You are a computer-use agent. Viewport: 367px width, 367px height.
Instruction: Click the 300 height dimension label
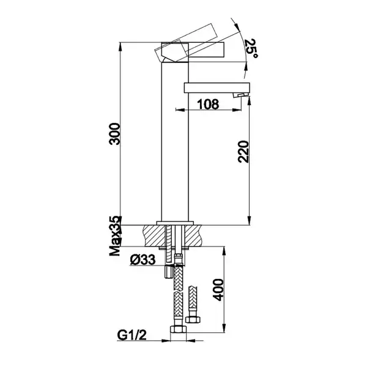115,133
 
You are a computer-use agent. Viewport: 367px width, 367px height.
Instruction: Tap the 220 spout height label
243,152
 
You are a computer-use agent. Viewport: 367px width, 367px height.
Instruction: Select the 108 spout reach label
208,104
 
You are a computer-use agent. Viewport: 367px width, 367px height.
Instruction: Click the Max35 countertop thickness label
115,236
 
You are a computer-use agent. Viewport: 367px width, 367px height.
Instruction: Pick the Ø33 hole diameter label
143,259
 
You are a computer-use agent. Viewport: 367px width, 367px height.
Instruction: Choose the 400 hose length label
218,290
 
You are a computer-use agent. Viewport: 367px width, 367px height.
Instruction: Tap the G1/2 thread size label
132,335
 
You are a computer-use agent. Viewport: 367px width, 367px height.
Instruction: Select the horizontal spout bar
217,87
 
